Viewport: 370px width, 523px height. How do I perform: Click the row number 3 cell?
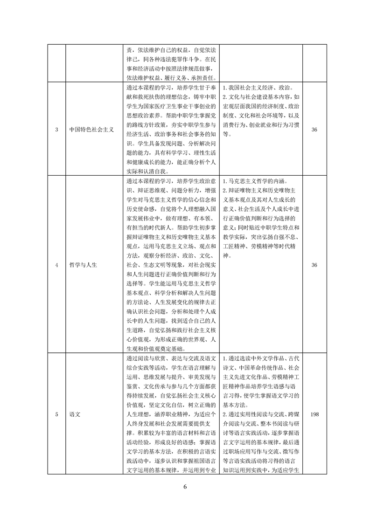[56, 129]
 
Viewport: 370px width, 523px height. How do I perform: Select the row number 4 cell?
[56, 265]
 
